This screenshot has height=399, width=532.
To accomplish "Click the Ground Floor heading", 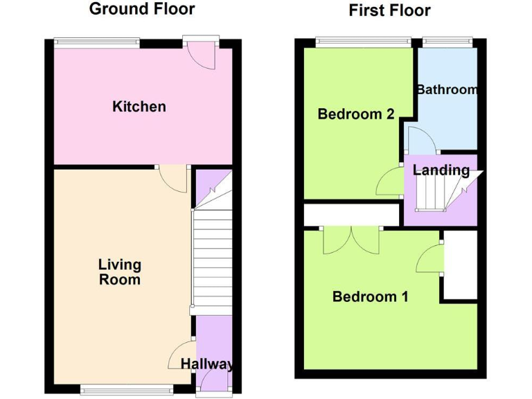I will (142, 9).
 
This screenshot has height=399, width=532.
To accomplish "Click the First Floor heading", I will (389, 10).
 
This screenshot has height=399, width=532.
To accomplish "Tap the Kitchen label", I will (139, 107).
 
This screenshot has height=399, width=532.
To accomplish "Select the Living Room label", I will (119, 272).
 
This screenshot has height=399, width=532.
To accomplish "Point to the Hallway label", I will (207, 364).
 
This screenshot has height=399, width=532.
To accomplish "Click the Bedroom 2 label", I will (356, 114).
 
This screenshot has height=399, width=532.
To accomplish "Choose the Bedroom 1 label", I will (370, 297).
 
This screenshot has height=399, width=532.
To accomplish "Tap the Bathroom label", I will (447, 89).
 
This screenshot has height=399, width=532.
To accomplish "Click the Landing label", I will (441, 170).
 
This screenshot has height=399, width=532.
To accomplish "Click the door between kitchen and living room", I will (173, 179).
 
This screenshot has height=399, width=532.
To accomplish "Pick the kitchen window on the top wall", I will (97, 43).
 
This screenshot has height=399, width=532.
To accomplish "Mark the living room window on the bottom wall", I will (125, 390).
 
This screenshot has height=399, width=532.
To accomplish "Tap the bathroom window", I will (446, 43).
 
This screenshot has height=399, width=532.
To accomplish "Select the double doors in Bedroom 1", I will (352, 240).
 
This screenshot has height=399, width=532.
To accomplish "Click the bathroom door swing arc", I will (420, 141).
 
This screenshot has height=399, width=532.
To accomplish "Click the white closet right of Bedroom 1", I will (461, 265).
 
